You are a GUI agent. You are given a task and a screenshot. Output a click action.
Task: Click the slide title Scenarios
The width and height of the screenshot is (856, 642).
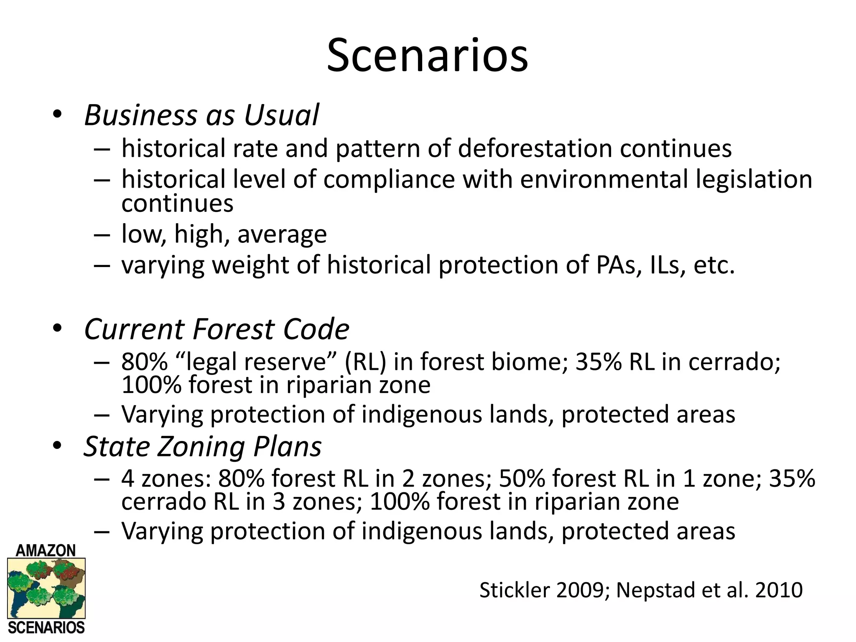(427, 56)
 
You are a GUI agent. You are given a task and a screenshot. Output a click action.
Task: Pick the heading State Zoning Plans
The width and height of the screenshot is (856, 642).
(203, 446)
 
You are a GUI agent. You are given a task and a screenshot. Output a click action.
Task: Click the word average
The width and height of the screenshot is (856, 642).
(282, 234)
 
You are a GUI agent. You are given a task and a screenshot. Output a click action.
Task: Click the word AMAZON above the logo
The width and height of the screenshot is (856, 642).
(46, 550)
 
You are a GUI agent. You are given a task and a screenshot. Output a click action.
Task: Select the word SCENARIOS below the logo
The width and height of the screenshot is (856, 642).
(46, 628)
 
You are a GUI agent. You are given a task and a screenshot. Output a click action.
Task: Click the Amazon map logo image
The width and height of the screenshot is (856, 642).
(46, 588)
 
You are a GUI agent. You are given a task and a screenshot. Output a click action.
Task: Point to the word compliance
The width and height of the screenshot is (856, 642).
(389, 180)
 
